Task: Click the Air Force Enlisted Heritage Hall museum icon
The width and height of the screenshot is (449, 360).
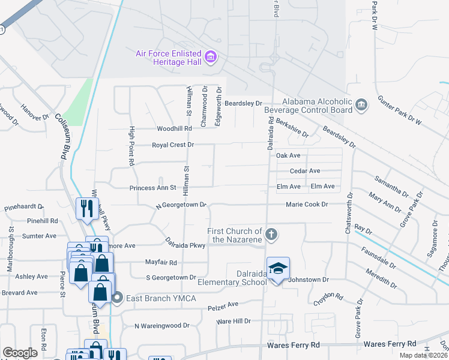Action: (x=211, y=58)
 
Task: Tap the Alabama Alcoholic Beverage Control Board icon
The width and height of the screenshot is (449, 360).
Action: (x=361, y=106)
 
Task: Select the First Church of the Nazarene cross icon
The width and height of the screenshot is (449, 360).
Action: (x=271, y=235)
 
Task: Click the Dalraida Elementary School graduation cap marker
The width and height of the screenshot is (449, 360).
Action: (x=278, y=269)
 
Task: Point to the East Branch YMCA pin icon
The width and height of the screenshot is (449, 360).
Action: (x=118, y=297)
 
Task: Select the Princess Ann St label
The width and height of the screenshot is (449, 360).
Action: (x=152, y=188)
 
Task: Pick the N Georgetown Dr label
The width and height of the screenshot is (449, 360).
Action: (x=181, y=205)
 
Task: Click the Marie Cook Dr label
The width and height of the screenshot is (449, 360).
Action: (x=307, y=205)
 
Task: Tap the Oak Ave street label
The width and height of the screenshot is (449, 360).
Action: (x=288, y=155)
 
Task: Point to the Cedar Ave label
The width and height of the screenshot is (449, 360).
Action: (x=305, y=171)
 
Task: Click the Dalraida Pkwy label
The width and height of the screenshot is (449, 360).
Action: (x=185, y=245)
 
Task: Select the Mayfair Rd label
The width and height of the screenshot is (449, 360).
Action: (x=161, y=262)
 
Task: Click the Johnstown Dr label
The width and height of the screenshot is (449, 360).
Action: (x=309, y=280)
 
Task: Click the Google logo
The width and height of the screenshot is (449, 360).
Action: (x=20, y=353)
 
